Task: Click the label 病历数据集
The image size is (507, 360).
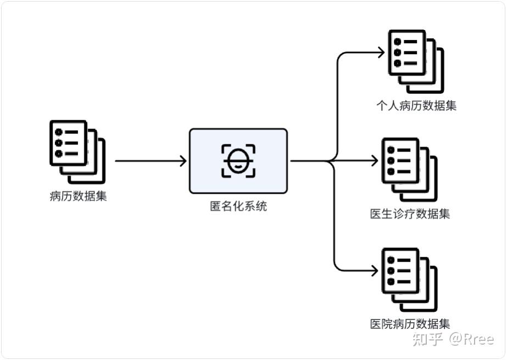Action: (78, 196)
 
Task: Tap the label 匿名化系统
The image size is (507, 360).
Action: (238, 207)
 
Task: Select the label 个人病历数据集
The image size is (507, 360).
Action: (416, 105)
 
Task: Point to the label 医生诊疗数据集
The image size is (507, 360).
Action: (410, 213)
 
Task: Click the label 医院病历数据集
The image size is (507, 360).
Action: (410, 324)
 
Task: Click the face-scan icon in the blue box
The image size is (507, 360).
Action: (238, 161)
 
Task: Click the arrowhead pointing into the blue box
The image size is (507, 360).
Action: (183, 161)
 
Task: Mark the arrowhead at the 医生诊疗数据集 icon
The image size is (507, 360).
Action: (375, 161)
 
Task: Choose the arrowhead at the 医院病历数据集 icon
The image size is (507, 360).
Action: (375, 270)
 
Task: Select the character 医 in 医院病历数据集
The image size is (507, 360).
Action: (376, 324)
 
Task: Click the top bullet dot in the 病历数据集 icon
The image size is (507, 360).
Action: (58, 132)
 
